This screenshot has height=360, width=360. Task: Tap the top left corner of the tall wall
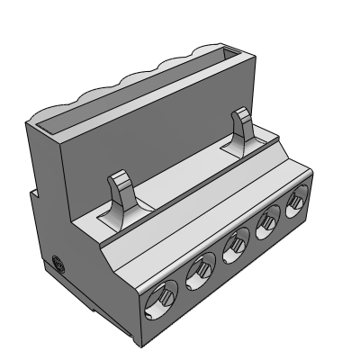coord(30,127)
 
